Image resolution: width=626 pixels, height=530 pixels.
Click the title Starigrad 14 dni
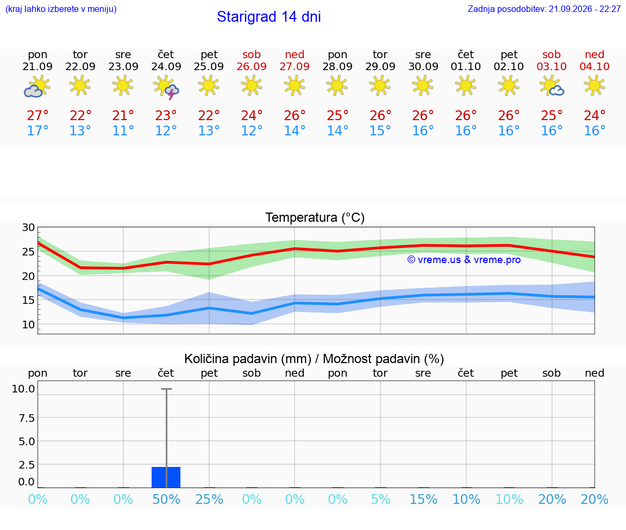coord(268,17)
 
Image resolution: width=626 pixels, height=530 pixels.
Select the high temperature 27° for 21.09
coord(37,116)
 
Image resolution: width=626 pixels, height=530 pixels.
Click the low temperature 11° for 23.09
coord(123,131)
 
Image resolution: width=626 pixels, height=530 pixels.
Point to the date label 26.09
coord(252,67)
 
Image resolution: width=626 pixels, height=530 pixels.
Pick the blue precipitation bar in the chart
coord(166,477)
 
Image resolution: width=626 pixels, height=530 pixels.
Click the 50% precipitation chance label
coord(166,500)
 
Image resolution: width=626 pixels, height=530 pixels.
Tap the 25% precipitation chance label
coord(209,500)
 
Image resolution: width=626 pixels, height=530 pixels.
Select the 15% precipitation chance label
coord(424,500)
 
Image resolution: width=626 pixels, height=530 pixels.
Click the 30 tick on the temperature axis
coord(28,228)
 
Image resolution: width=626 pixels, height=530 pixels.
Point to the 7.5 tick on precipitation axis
coord(27,418)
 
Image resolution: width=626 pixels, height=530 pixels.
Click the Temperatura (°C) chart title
coord(315,217)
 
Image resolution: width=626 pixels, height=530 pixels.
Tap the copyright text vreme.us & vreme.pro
coord(464,260)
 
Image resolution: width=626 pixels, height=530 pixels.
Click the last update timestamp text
coord(544,9)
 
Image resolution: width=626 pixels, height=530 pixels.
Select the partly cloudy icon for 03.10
coord(552,86)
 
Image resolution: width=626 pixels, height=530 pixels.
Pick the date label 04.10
coord(594,67)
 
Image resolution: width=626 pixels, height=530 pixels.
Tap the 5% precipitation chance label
coord(380,500)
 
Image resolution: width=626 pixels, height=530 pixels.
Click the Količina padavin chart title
coord(314,359)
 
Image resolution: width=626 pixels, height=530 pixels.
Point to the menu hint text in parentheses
coord(61,9)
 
